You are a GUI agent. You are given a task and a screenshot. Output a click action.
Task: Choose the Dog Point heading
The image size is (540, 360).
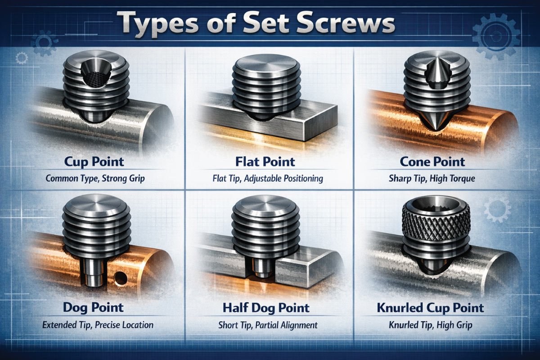93,308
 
